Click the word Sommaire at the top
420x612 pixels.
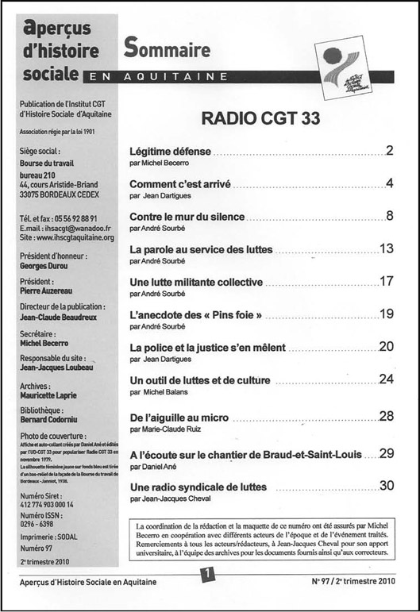(x=167, y=48)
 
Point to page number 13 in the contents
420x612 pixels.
(x=387, y=248)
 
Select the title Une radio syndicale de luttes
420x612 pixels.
(x=198, y=487)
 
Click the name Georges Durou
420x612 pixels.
(x=51, y=267)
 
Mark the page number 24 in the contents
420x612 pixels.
(x=387, y=379)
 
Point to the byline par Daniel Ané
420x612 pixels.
(x=154, y=468)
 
